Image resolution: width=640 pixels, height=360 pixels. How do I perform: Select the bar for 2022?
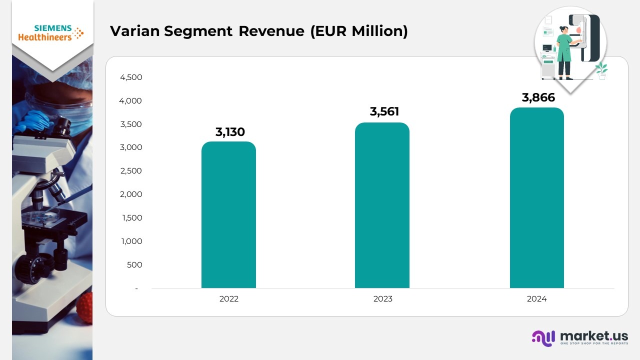[228, 215]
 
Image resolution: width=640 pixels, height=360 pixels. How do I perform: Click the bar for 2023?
[382, 205]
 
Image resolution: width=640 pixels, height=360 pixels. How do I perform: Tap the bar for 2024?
[536, 198]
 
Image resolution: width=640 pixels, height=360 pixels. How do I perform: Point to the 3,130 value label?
[230, 132]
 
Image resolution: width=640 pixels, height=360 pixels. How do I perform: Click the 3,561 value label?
[384, 111]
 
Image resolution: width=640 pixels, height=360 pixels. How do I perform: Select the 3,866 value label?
[538, 97]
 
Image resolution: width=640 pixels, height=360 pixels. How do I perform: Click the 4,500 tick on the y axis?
[130, 77]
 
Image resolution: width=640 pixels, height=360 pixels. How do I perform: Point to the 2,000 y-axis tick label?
[130, 194]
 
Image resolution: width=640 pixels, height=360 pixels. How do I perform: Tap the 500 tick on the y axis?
[134, 265]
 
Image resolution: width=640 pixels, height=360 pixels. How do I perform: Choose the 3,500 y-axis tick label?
[130, 124]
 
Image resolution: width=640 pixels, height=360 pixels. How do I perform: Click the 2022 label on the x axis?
[229, 299]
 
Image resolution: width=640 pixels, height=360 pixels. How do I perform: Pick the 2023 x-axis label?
[383, 299]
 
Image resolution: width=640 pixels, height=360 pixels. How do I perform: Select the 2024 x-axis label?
[536, 299]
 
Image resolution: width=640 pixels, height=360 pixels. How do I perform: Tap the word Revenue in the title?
[271, 31]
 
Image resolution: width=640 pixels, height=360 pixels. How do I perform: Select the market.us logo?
[580, 337]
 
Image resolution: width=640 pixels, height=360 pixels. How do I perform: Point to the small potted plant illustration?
[601, 71]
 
